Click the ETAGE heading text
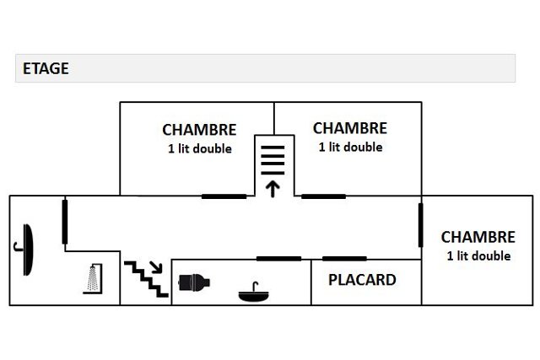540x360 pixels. tap(46, 69)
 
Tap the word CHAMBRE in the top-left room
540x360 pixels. tap(199, 130)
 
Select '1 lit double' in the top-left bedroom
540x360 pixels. tap(199, 148)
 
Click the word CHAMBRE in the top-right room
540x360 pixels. tap(349, 128)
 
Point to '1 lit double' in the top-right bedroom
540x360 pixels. tap(350, 147)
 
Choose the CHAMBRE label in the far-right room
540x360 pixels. tap(478, 238)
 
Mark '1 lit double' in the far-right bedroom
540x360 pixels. tap(478, 255)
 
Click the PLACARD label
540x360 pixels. tap(362, 280)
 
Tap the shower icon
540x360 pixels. tap(93, 277)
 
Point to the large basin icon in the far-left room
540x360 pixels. tap(28, 249)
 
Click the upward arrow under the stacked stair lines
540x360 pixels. tap(272, 188)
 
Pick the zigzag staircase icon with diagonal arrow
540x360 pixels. tap(147, 278)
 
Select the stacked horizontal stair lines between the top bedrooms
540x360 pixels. tap(272, 157)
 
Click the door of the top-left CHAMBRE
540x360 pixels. tap(224, 196)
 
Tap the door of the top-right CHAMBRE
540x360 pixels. tap(324, 196)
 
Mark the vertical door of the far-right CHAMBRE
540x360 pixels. tap(421, 223)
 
